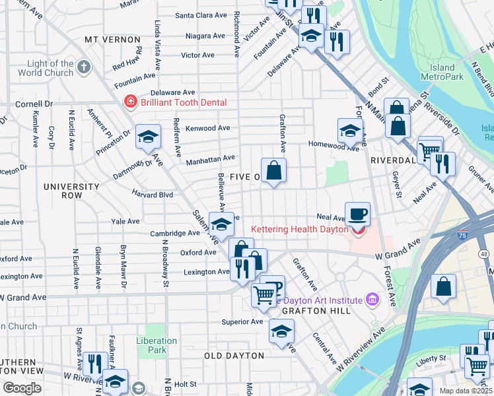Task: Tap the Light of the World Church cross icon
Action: click(84, 67)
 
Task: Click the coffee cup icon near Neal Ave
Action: click(358, 214)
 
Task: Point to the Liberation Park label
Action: click(157, 345)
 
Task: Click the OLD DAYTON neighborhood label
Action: click(234, 356)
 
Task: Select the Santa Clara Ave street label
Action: click(201, 15)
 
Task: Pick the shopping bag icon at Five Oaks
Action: click(273, 172)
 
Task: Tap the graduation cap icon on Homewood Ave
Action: click(349, 131)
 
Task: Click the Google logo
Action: click(22, 388)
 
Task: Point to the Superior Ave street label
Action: click(242, 322)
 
